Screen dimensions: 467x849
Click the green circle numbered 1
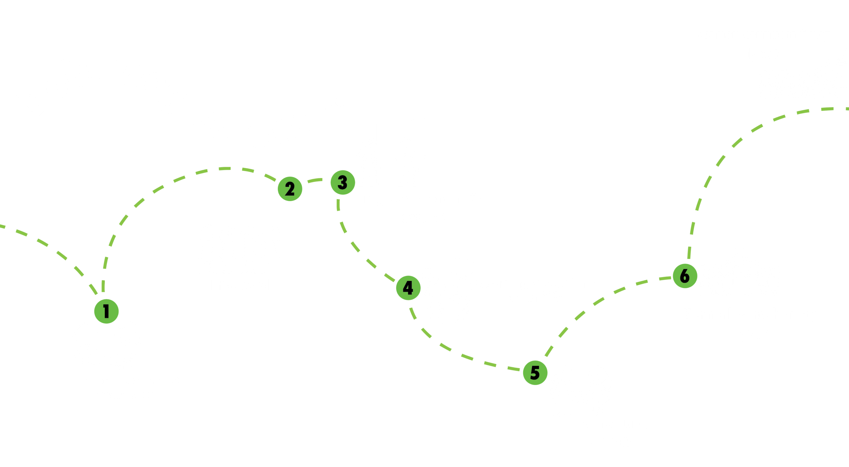pyautogui.click(x=106, y=311)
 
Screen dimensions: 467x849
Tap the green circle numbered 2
pyautogui.click(x=290, y=189)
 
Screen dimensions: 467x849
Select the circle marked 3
pyautogui.click(x=343, y=182)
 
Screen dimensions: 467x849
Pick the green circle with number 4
pyautogui.click(x=408, y=288)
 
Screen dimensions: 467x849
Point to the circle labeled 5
pyautogui.click(x=535, y=372)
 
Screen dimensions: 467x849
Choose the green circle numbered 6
pyautogui.click(x=685, y=276)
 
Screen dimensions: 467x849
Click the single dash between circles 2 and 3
pyautogui.click(x=315, y=180)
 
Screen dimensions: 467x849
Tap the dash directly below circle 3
pyautogui.click(x=338, y=205)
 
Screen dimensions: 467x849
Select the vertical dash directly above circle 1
pyautogui.click(x=103, y=286)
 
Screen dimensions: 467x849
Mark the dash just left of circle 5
pyautogui.click(x=513, y=368)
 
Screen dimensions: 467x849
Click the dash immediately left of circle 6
pyautogui.click(x=665, y=278)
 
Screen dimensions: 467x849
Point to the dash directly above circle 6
pyautogui.click(x=689, y=252)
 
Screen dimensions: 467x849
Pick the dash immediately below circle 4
pyautogui.click(x=413, y=313)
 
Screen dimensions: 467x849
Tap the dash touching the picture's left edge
pyautogui.click(x=2, y=226)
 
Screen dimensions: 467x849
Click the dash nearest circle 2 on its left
pyautogui.click(x=270, y=177)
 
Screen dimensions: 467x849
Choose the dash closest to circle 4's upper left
pyautogui.click(x=390, y=277)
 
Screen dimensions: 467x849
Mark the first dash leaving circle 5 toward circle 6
pyautogui.click(x=549, y=351)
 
